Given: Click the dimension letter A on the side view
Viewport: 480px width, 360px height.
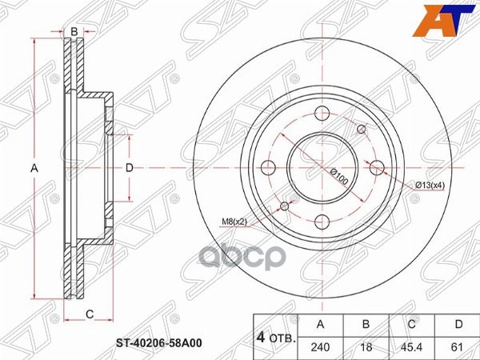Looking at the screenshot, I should pyautogui.click(x=34, y=168).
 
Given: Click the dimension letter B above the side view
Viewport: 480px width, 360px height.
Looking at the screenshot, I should pyautogui.click(x=74, y=32).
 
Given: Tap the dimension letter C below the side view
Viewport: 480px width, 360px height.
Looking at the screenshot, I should pyautogui.click(x=90, y=313).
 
